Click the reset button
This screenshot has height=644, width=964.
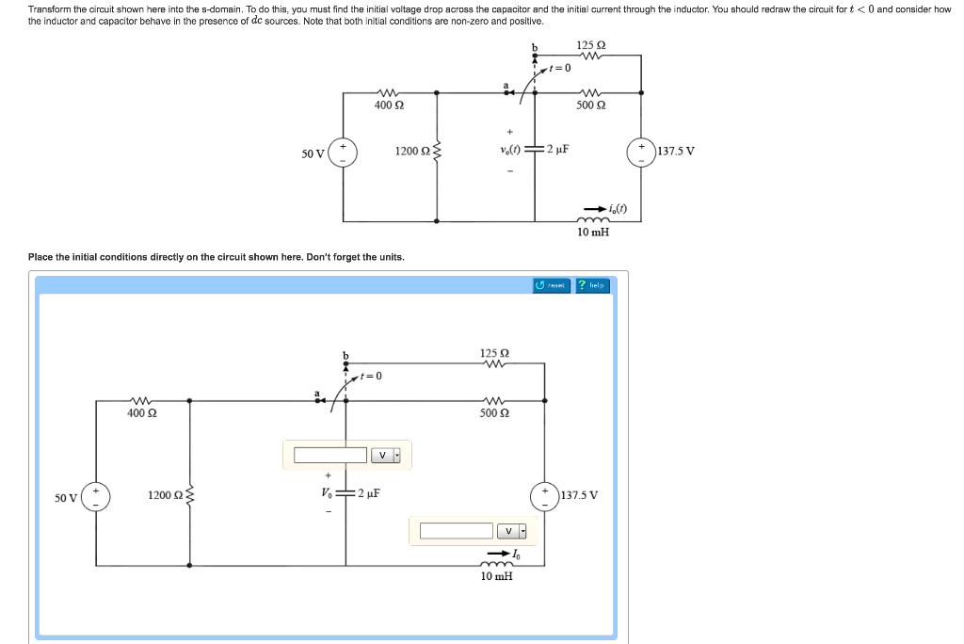coord(552,285)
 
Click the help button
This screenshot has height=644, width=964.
coord(593,285)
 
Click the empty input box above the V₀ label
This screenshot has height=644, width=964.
coord(329,456)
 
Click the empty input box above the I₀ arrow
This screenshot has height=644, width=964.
coord(457,531)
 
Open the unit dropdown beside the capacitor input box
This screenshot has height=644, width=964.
coord(385,456)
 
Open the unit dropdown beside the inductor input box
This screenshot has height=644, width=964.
coord(512,531)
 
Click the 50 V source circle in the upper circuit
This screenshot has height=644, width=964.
coord(343,153)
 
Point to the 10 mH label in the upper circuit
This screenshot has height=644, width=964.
coord(592,232)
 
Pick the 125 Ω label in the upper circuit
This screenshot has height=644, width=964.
coord(590,45)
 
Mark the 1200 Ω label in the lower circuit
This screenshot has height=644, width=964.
coord(164,494)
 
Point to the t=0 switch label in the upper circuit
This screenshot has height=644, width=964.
coord(561,68)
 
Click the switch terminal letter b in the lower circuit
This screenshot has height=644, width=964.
coord(345,356)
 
